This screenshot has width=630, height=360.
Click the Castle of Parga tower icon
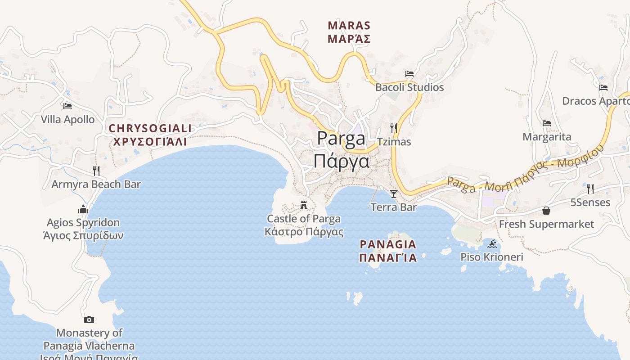[304, 205]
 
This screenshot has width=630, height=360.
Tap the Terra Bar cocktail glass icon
[394, 193]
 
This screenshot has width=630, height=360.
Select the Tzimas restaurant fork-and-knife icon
[394, 128]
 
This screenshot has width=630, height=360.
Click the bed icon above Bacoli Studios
[409, 73]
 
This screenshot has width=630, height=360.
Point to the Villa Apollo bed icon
[67, 106]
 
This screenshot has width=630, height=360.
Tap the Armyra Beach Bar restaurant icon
[96, 171]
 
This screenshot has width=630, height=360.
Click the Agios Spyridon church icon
[83, 209]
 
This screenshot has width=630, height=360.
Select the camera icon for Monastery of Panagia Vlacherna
[89, 319]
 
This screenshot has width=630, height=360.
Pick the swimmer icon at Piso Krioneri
[492, 244]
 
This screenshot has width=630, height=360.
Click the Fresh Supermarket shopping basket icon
[546, 211]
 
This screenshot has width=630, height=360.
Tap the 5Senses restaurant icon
[590, 189]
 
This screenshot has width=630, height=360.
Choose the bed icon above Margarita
[547, 123]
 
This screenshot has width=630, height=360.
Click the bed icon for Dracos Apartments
[603, 87]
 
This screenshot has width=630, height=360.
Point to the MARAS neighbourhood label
[349, 25]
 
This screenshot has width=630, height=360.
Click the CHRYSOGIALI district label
[150, 129]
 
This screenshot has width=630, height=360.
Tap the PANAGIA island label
[388, 245]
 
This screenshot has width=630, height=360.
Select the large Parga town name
[341, 138]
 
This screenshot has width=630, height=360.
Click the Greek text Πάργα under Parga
[342, 161]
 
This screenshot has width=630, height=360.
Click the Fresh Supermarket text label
[546, 224]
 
